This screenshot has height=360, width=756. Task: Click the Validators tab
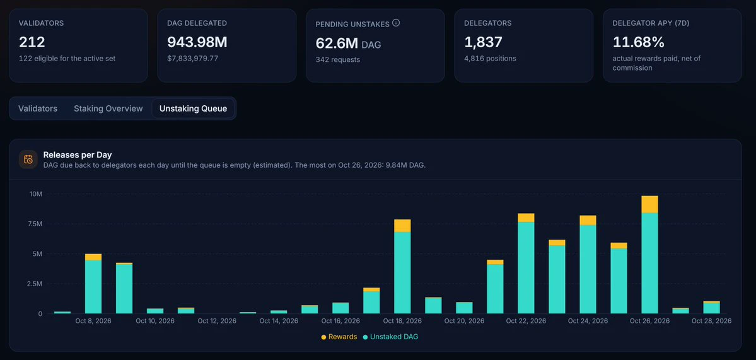38,108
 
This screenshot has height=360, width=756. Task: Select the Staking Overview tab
108,108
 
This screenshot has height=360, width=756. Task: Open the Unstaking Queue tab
193,108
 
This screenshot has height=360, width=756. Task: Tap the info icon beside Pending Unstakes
396,23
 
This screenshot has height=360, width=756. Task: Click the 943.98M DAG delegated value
197,42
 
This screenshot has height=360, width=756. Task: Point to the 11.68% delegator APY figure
638,42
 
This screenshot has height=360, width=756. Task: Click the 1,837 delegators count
483,42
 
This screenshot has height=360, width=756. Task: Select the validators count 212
32,42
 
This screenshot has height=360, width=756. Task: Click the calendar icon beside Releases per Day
28,160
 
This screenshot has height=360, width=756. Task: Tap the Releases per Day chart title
78,154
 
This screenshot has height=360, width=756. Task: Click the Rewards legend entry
339,337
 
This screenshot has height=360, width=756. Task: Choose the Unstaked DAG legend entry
390,337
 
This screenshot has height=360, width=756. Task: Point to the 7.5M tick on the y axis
36,224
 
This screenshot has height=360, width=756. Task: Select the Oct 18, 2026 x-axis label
402,321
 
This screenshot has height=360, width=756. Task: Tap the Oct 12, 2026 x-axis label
217,321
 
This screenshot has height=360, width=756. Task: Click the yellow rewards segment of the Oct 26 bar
649,204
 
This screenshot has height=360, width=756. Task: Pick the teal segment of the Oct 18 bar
402,273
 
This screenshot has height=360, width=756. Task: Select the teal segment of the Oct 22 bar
526,268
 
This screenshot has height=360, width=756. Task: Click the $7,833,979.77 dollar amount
200,58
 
